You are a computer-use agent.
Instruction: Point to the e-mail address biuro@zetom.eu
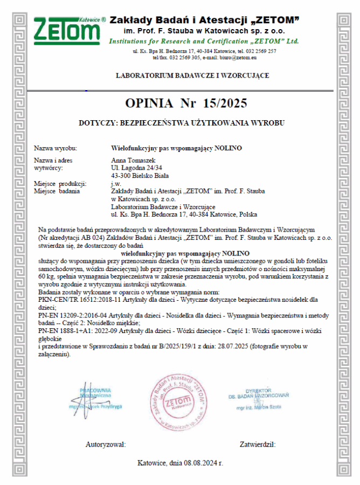[238, 57]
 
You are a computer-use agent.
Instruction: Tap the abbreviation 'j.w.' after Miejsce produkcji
[115, 183]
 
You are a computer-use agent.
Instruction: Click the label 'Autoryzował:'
[106, 445]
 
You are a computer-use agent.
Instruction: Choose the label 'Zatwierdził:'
[258, 445]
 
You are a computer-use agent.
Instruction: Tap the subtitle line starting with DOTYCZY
[181, 123]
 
